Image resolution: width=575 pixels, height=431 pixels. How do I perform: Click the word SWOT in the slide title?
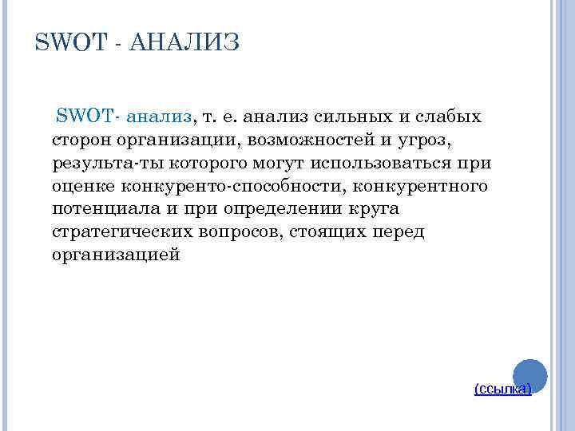[x=70, y=42]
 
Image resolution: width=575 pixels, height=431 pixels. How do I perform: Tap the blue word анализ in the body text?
[x=159, y=117]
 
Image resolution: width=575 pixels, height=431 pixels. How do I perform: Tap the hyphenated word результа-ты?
[x=99, y=164]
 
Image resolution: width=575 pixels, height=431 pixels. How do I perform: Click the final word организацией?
[x=115, y=255]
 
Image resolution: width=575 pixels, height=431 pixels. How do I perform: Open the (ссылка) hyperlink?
[x=502, y=389]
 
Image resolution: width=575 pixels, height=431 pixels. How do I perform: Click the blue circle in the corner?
[x=529, y=371]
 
